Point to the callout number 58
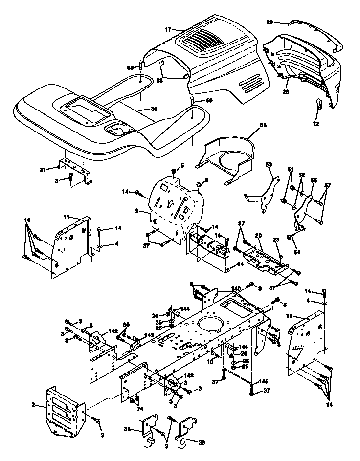click(264, 125)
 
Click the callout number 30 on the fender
click(154, 109)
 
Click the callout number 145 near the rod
click(263, 381)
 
